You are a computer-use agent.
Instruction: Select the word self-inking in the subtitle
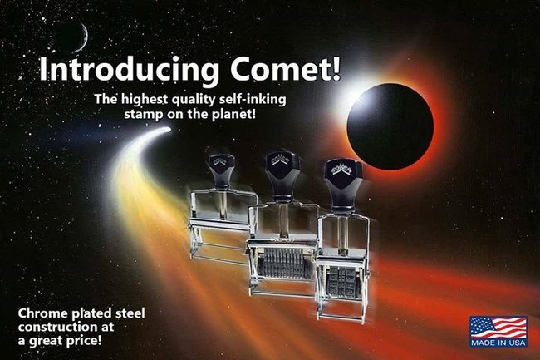click(253, 99)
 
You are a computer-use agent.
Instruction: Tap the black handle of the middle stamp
click(276, 170)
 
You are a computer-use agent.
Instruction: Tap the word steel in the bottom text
click(125, 313)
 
